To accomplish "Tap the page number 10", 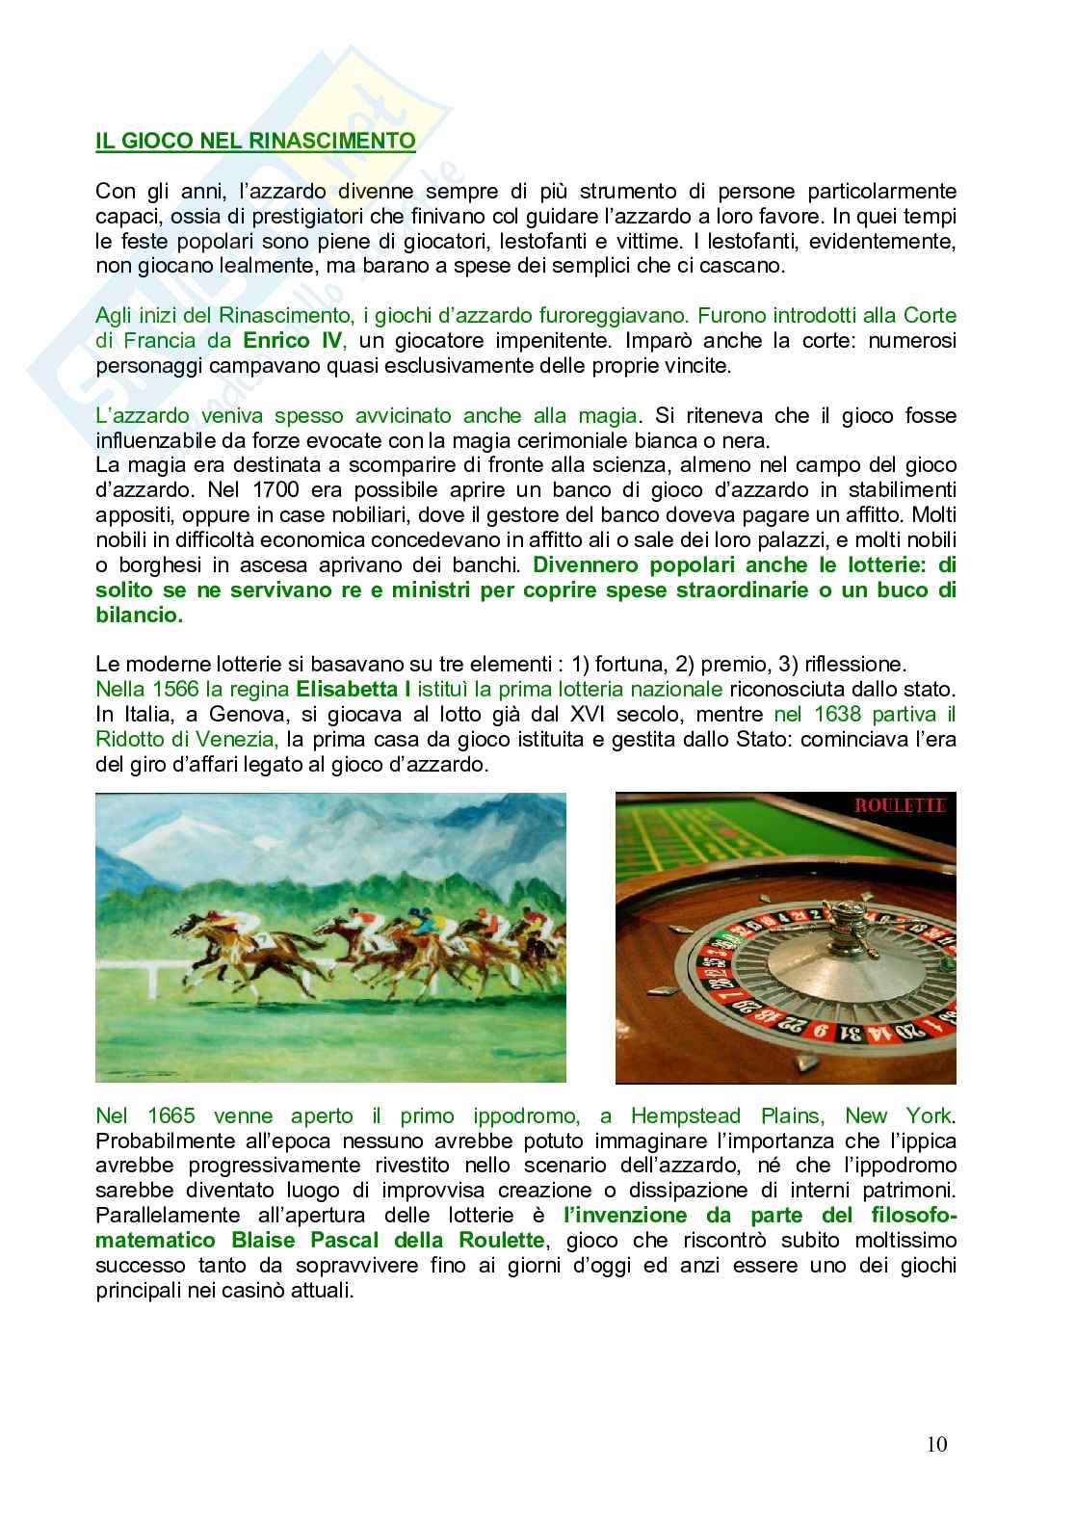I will (x=937, y=1444).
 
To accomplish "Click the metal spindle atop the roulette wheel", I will (x=846, y=916).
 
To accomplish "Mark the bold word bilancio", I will (x=139, y=616).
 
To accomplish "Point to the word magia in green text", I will (x=609, y=415).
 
